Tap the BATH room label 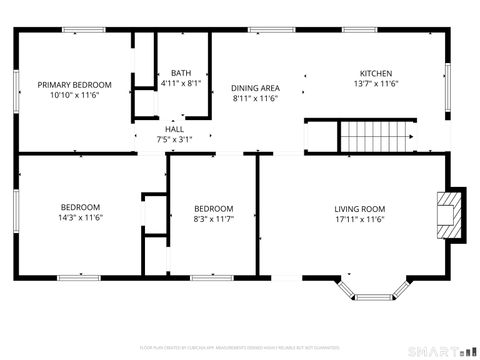[x=181, y=73]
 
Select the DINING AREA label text [x=255, y=87]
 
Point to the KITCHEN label [x=376, y=73]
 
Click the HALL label [x=174, y=129]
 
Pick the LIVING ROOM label [x=359, y=208]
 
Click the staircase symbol [x=376, y=134]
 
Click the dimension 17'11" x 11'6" [x=359, y=219]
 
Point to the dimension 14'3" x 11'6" [x=81, y=217]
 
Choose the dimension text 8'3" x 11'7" [x=213, y=219]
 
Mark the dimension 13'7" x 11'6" [x=376, y=85]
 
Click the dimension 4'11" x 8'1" [x=181, y=84]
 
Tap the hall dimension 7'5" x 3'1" [x=174, y=140]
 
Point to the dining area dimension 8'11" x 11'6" [x=255, y=98]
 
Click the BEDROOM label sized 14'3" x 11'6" [x=81, y=206]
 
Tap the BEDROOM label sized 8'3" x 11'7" [x=213, y=208]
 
